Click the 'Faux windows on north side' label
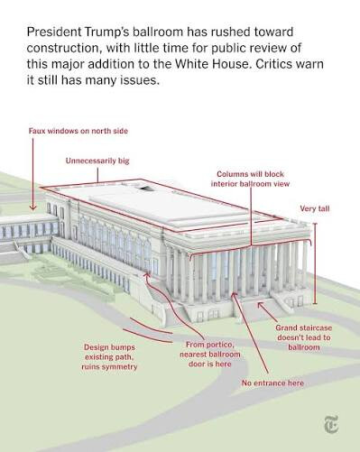click(78, 131)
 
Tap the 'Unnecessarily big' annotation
click(97, 161)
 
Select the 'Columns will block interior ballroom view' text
click(250, 179)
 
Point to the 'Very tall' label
click(315, 208)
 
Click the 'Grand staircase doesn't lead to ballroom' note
click(304, 337)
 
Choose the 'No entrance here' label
click(272, 383)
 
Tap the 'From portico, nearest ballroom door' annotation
click(210, 355)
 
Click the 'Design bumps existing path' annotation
click(109, 357)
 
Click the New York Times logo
click(331, 424)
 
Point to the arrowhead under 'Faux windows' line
click(32, 208)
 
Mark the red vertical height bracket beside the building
click(315, 263)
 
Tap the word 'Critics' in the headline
click(274, 64)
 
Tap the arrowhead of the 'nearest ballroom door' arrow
click(147, 274)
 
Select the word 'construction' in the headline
click(62, 48)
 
